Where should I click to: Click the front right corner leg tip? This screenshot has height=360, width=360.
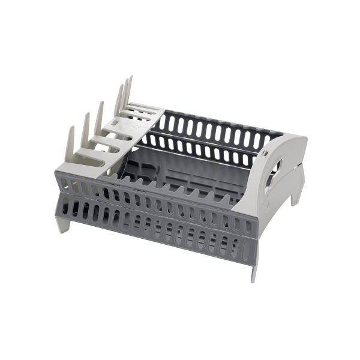click(254, 275)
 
